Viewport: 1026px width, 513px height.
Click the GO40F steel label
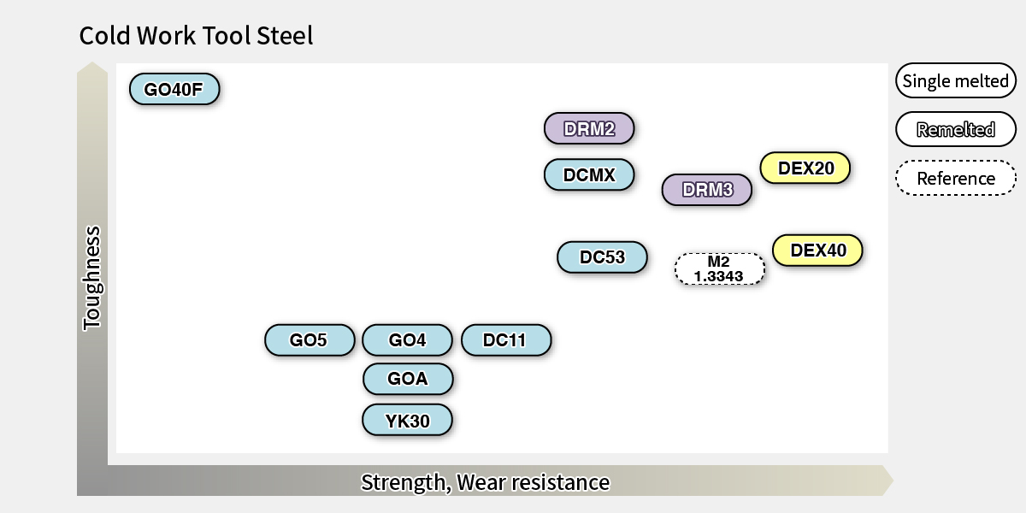point(174,89)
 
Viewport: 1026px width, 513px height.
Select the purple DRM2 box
point(589,128)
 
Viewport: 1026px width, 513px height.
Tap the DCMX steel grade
point(589,174)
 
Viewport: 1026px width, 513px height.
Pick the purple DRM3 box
point(707,189)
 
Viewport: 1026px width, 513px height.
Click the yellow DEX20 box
point(805,168)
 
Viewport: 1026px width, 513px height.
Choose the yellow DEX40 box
point(817,251)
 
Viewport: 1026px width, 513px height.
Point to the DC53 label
point(602,256)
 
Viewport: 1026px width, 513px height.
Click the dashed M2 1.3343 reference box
point(719,268)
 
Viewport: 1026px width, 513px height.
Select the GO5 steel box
point(309,339)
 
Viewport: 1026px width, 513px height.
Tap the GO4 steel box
point(407,339)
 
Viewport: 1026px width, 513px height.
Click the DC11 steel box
point(505,339)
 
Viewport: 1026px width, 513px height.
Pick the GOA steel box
point(407,378)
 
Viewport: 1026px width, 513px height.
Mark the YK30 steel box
point(407,420)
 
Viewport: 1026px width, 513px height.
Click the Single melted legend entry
point(955,81)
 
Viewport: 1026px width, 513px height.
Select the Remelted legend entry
point(955,130)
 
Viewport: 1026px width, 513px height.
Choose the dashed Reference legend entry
point(955,178)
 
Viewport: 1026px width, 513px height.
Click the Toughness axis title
point(91,278)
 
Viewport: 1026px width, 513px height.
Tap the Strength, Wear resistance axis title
point(485,482)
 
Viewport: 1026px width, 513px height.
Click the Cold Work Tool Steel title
point(196,36)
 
